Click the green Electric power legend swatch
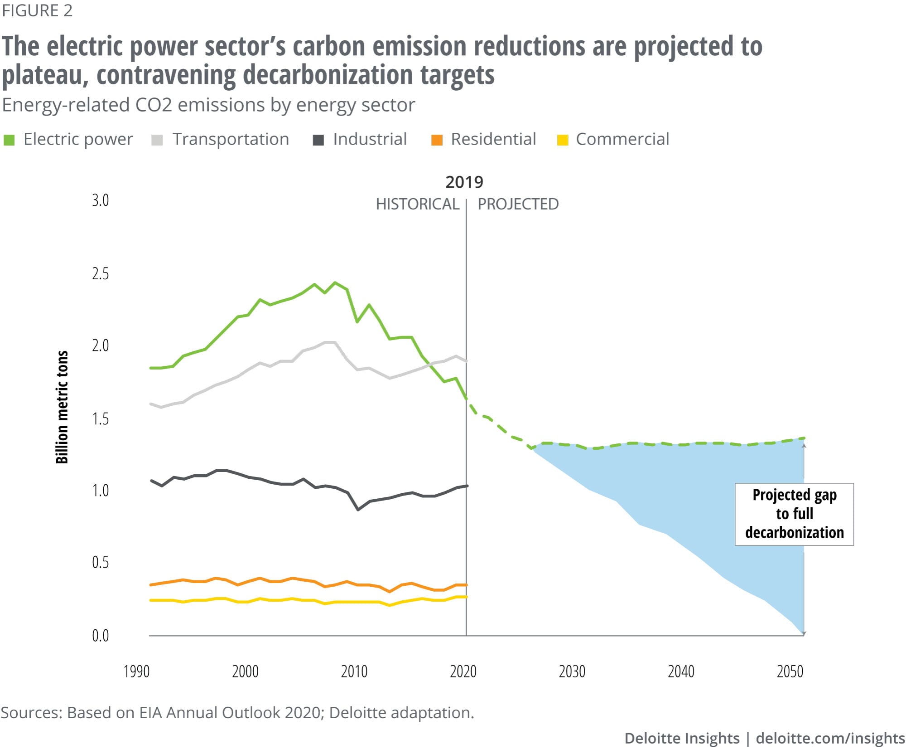9,140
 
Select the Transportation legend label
230,139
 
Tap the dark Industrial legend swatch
318,140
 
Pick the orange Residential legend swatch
437,140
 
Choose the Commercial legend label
622,139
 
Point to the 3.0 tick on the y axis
101,200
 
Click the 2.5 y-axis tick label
101,274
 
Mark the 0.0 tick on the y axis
101,636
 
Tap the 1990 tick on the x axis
136,671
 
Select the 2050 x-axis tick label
790,671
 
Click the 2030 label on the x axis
572,671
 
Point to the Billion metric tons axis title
62,407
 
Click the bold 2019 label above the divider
464,182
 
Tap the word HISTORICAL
418,204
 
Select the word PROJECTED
518,204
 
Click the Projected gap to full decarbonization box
794,514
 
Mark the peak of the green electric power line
335,282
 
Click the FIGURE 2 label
37,11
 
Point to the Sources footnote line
237,713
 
